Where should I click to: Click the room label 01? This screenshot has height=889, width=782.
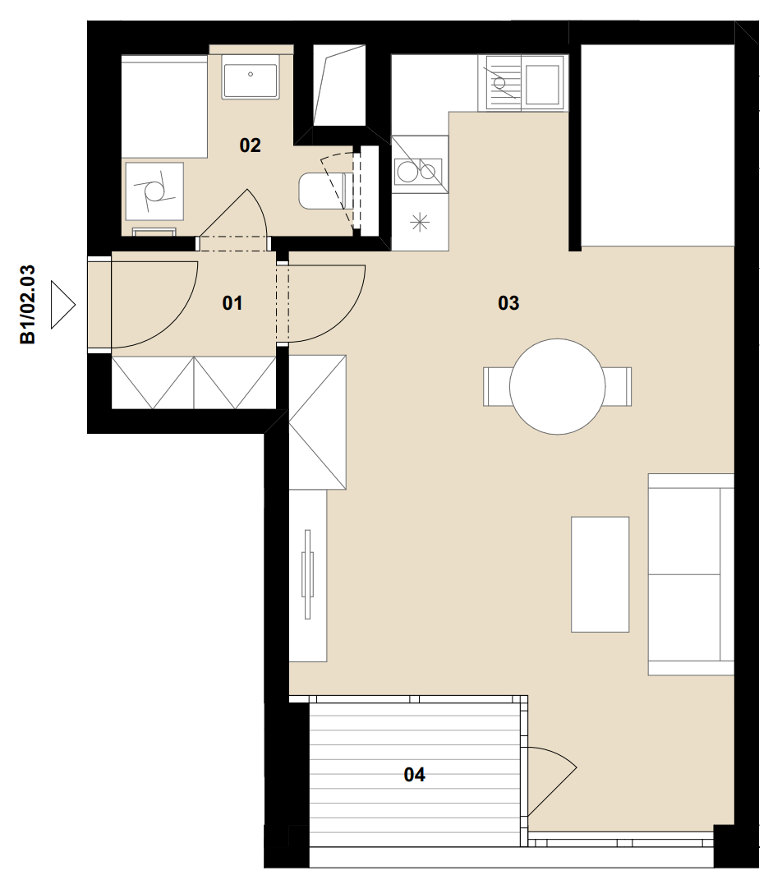tap(232, 303)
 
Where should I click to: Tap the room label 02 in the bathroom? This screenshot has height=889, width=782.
tap(250, 145)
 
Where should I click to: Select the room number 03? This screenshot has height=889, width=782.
tap(508, 303)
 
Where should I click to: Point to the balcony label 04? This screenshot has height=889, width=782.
tap(414, 775)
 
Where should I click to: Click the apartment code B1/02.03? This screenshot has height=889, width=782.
tap(28, 305)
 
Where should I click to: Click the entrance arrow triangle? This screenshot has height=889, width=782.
tap(63, 305)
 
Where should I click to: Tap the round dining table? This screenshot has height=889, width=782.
tap(557, 387)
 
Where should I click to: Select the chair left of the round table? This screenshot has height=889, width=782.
tap(496, 387)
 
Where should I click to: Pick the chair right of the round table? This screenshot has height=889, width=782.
tap(618, 387)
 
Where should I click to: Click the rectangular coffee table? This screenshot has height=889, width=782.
tap(600, 574)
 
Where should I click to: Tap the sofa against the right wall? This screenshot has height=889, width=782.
tap(691, 574)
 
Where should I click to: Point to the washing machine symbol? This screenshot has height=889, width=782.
tap(154, 191)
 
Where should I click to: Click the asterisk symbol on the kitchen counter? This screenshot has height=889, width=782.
tap(419, 222)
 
